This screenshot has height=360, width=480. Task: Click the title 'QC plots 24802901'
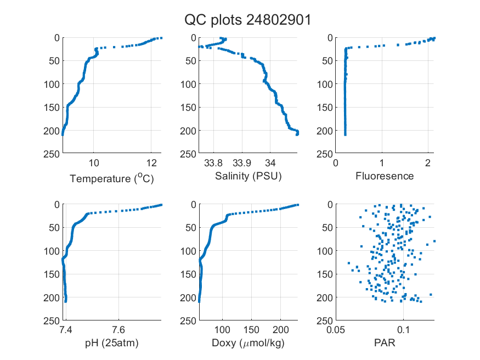[247, 20]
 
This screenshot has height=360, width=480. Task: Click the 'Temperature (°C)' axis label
[112, 178]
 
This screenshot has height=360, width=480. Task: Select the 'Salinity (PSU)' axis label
[249, 176]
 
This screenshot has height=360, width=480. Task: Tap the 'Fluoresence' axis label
[385, 176]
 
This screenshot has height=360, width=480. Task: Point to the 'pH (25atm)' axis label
[112, 343]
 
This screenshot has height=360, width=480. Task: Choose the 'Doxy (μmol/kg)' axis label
[249, 343]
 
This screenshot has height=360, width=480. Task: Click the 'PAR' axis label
[385, 342]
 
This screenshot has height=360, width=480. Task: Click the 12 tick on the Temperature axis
[151, 163]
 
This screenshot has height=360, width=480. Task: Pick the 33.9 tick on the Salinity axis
[242, 163]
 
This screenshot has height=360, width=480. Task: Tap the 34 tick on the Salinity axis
[270, 163]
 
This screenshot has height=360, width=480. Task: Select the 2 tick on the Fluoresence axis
[428, 163]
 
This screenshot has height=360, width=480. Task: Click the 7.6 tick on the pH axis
[118, 330]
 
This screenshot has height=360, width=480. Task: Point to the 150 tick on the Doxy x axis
[251, 330]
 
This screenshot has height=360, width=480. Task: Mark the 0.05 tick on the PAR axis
[336, 330]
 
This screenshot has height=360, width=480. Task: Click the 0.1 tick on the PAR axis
[403, 330]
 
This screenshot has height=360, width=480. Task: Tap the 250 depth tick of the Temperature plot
[52, 154]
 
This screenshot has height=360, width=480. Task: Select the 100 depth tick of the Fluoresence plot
[325, 84]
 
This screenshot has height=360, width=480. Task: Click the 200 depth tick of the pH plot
[52, 297]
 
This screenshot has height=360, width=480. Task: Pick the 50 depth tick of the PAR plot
[327, 227]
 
